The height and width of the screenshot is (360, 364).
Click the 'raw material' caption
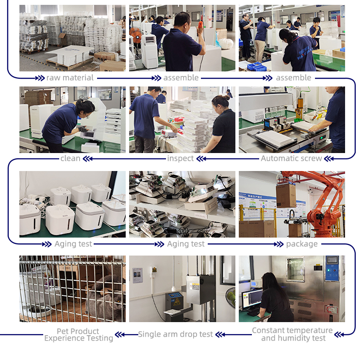(x=70, y=78)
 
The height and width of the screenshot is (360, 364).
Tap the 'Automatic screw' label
(x=291, y=158)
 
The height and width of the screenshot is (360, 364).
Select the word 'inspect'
(x=181, y=158)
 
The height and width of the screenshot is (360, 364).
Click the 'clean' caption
(x=70, y=158)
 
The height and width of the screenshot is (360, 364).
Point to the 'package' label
(x=302, y=244)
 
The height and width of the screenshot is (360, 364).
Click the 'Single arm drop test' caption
(x=175, y=334)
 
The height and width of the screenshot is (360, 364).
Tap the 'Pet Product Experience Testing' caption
(x=79, y=335)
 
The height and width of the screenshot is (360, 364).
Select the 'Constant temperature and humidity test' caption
(x=293, y=334)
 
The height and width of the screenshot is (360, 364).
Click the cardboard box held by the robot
(x=286, y=196)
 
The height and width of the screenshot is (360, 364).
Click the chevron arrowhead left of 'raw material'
(x=40, y=78)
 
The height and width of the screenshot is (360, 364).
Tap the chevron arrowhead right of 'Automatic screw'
(x=329, y=159)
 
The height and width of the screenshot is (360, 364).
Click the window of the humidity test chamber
(x=296, y=270)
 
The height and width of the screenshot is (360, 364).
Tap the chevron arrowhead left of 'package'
(x=279, y=244)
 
